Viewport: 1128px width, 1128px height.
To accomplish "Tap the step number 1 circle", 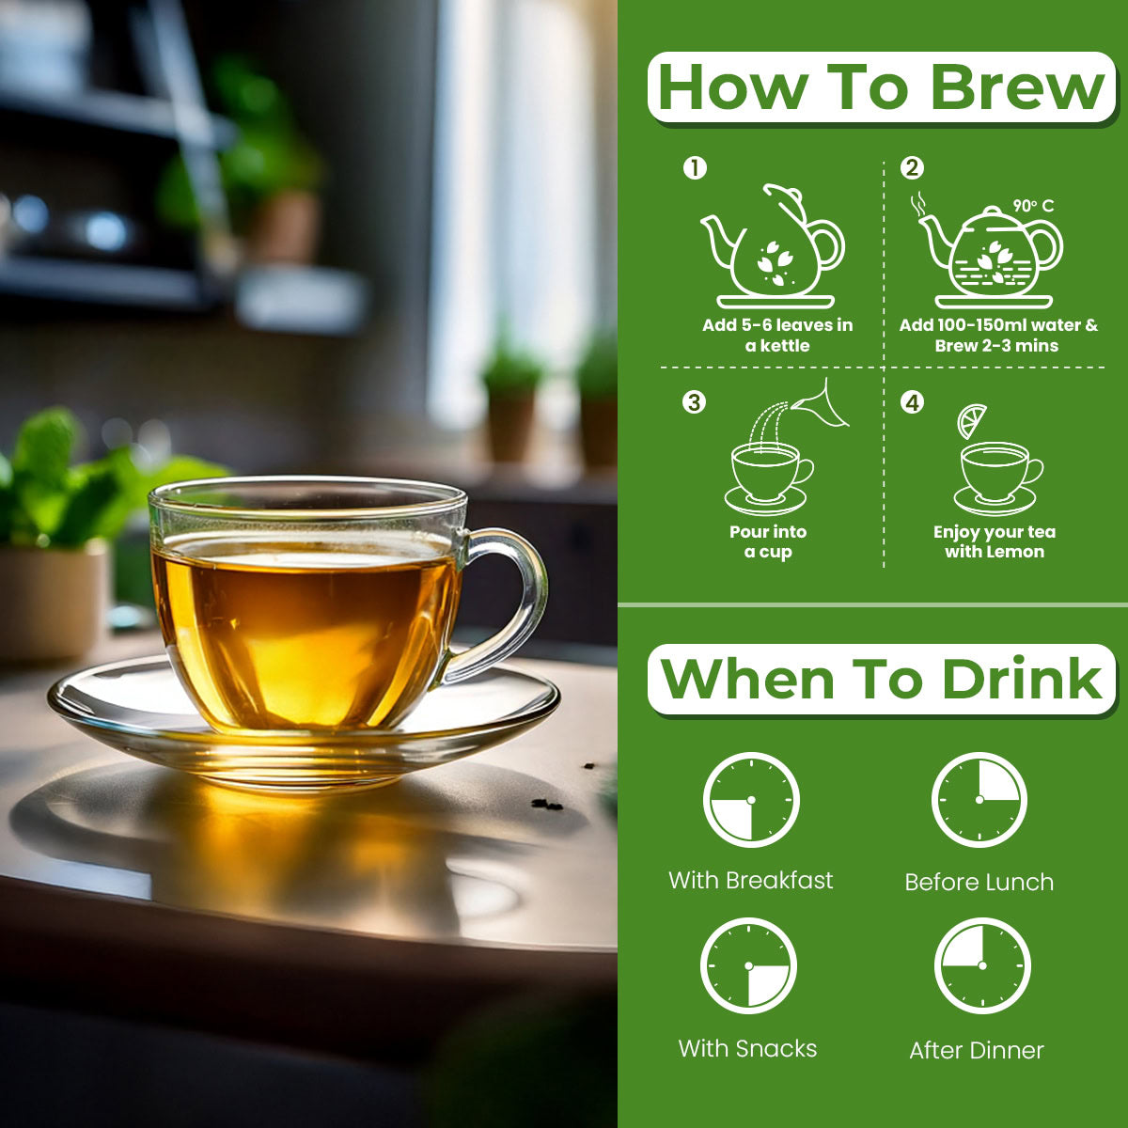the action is coord(695,168).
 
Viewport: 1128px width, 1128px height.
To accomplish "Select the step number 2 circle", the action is coord(912,168).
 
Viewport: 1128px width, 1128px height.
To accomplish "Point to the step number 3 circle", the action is coord(695,402).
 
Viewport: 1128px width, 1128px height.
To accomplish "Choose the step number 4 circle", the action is coord(912,402).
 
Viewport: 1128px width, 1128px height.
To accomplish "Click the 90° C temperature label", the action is coord(1033,206).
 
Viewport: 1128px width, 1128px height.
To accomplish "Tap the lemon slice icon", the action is coord(971,420).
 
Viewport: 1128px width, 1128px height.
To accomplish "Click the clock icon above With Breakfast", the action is coord(751,800).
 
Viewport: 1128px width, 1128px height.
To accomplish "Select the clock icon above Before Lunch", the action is coord(979,800).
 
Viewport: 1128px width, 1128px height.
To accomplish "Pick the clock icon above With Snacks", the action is coord(748,966).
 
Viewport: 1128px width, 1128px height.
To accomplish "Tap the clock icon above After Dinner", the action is coord(981,966).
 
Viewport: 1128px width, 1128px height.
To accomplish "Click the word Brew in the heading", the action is coord(1018,87).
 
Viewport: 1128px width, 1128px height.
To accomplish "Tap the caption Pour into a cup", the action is coord(768,541).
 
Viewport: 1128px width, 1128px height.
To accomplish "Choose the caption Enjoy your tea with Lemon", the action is coord(995,541).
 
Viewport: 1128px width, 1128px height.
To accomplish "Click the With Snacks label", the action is coord(747,1048).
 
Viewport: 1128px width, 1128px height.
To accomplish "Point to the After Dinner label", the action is coord(977,1050).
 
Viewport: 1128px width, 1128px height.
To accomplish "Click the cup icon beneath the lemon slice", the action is coord(997,478).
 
